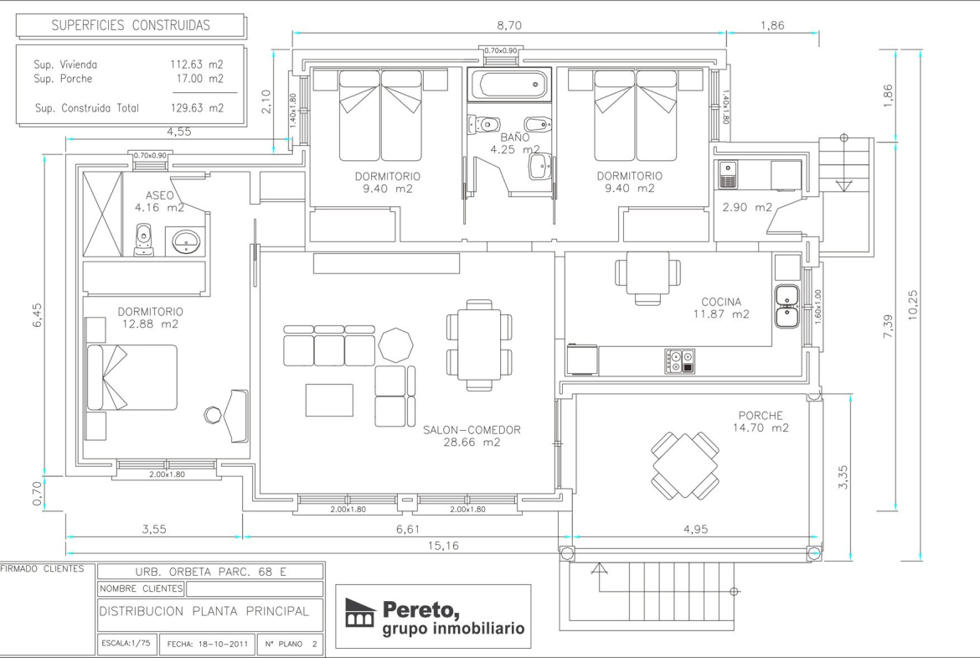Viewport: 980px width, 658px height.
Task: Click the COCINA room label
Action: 721,302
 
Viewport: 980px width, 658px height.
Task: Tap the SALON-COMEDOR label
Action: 472,430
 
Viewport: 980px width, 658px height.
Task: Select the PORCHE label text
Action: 761,415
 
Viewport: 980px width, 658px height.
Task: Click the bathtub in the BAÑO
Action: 509,85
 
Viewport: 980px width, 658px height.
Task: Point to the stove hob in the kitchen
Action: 680,361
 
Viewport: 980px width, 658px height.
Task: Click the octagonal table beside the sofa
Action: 395,345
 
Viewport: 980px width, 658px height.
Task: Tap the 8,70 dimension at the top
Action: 509,26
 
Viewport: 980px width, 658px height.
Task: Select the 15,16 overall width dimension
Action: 443,546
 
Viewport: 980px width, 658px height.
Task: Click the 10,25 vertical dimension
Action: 913,305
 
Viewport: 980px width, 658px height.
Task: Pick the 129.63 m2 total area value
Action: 197,107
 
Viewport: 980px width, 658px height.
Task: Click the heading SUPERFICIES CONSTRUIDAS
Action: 131,25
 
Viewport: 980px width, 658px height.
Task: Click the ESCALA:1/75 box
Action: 126,643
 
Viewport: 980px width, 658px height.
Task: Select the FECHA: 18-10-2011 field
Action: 207,644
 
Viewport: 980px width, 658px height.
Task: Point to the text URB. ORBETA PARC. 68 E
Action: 210,572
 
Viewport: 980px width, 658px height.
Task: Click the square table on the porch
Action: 685,464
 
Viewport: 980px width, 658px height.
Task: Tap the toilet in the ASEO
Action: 144,241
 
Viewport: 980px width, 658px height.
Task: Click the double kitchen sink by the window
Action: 787,307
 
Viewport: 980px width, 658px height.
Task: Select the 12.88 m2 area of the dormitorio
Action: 150,324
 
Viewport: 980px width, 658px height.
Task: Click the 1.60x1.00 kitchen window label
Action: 818,306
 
